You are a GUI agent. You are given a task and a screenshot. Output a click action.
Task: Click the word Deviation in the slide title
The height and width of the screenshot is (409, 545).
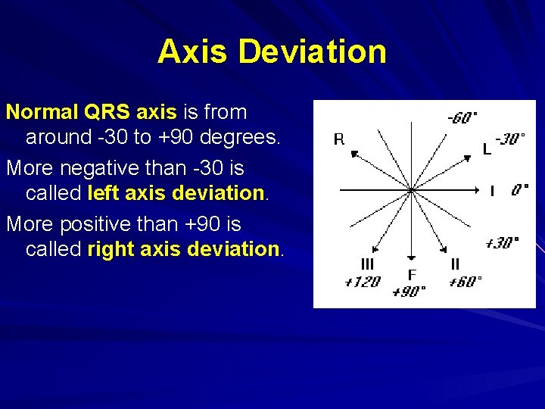click(312, 52)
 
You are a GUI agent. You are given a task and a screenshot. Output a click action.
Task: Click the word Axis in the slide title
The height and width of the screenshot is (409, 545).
click(193, 52)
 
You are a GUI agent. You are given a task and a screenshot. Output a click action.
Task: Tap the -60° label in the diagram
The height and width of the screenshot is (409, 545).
click(462, 117)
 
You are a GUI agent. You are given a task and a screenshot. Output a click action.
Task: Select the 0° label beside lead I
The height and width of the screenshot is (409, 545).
click(519, 191)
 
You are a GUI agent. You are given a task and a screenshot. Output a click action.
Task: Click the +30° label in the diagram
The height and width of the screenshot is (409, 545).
click(501, 242)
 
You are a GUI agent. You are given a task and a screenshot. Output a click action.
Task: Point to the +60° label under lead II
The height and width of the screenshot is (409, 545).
click(465, 282)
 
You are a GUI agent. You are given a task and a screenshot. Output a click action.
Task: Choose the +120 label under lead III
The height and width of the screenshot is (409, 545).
click(362, 282)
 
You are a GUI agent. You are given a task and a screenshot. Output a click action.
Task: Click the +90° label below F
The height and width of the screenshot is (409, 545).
click(410, 292)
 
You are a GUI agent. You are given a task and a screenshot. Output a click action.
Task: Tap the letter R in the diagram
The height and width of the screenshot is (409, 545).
click(338, 139)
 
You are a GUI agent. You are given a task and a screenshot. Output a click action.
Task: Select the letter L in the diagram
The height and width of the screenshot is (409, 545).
click(487, 150)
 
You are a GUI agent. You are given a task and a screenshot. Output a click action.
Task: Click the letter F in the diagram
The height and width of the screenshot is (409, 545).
click(412, 275)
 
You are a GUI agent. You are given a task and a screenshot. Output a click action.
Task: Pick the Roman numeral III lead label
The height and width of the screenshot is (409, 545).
click(367, 264)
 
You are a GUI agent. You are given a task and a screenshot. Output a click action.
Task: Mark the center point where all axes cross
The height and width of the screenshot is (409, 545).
click(411, 189)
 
